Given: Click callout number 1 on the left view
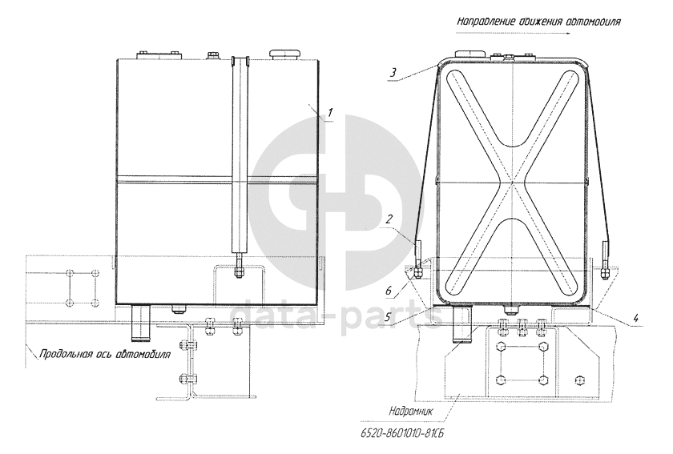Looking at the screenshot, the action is [x=329, y=113].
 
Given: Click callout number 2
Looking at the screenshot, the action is [x=389, y=219].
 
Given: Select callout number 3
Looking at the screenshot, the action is [x=393, y=73].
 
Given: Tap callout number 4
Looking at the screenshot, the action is [x=636, y=318].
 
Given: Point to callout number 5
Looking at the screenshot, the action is [x=388, y=318].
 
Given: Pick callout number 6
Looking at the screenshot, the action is [x=389, y=291].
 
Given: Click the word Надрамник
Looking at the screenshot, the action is [x=411, y=411].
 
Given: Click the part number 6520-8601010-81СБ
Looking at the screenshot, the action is [x=402, y=433].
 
